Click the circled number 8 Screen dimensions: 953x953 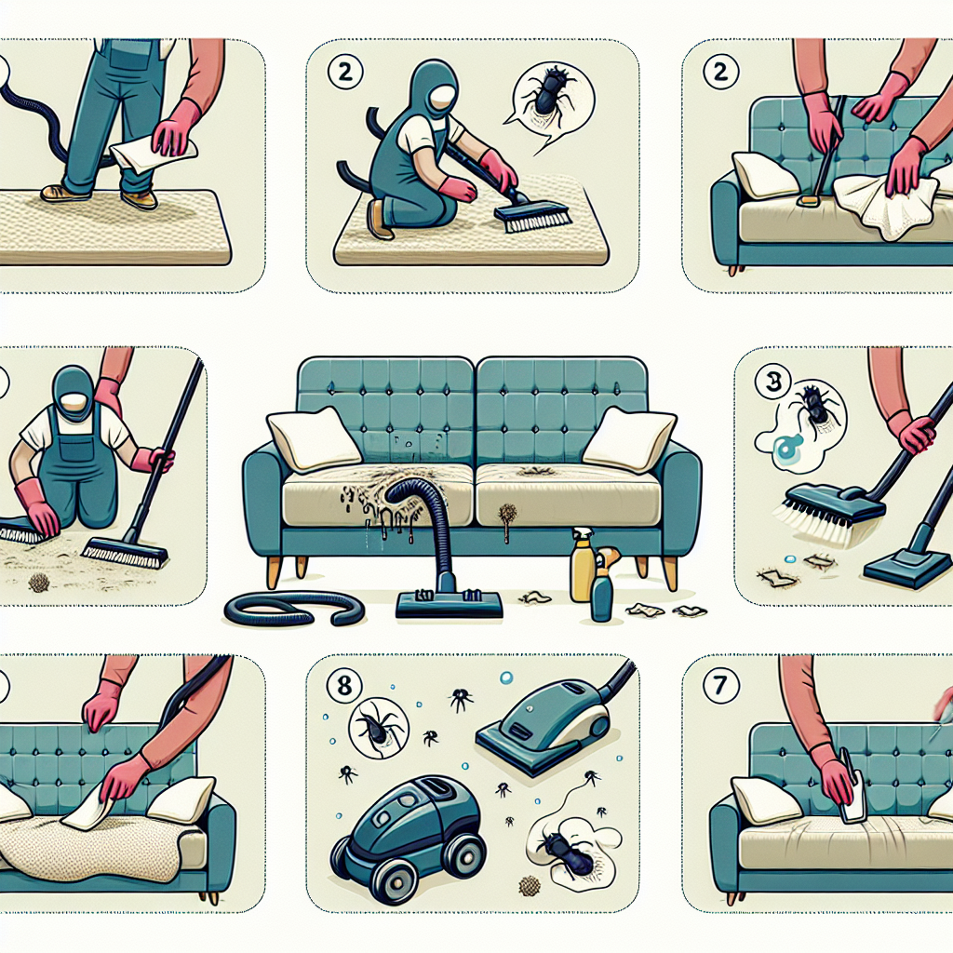point(344,686)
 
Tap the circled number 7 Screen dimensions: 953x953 point(721,686)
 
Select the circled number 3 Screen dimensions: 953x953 point(772,383)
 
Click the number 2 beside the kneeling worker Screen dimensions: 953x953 point(344,73)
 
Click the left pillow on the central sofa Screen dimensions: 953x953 point(307,439)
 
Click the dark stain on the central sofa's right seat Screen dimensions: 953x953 point(533,470)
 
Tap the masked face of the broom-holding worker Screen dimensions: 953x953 point(73,401)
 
